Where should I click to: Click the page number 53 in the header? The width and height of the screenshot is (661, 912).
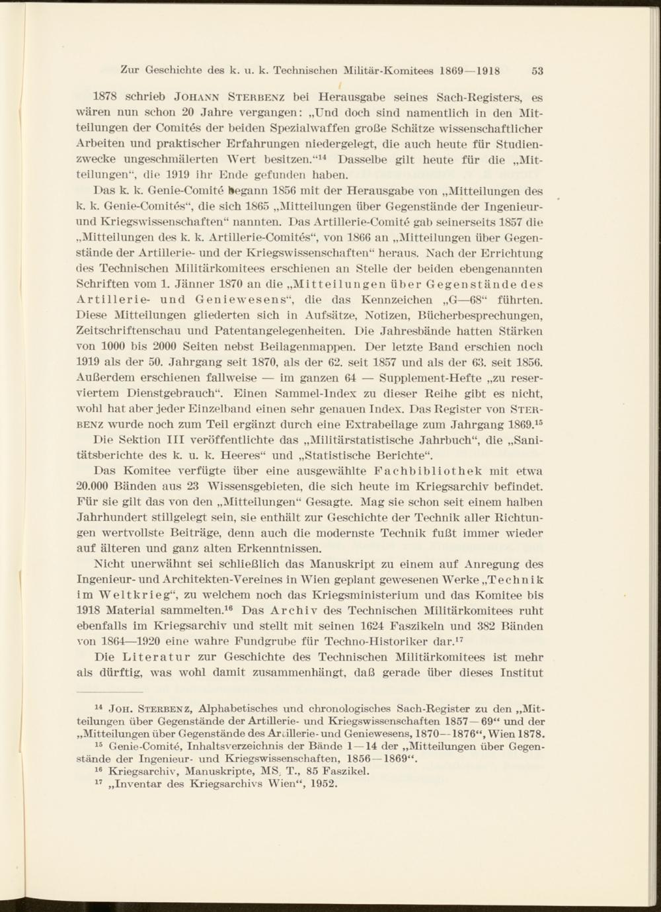(536, 71)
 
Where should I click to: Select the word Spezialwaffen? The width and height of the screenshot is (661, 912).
(307, 129)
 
